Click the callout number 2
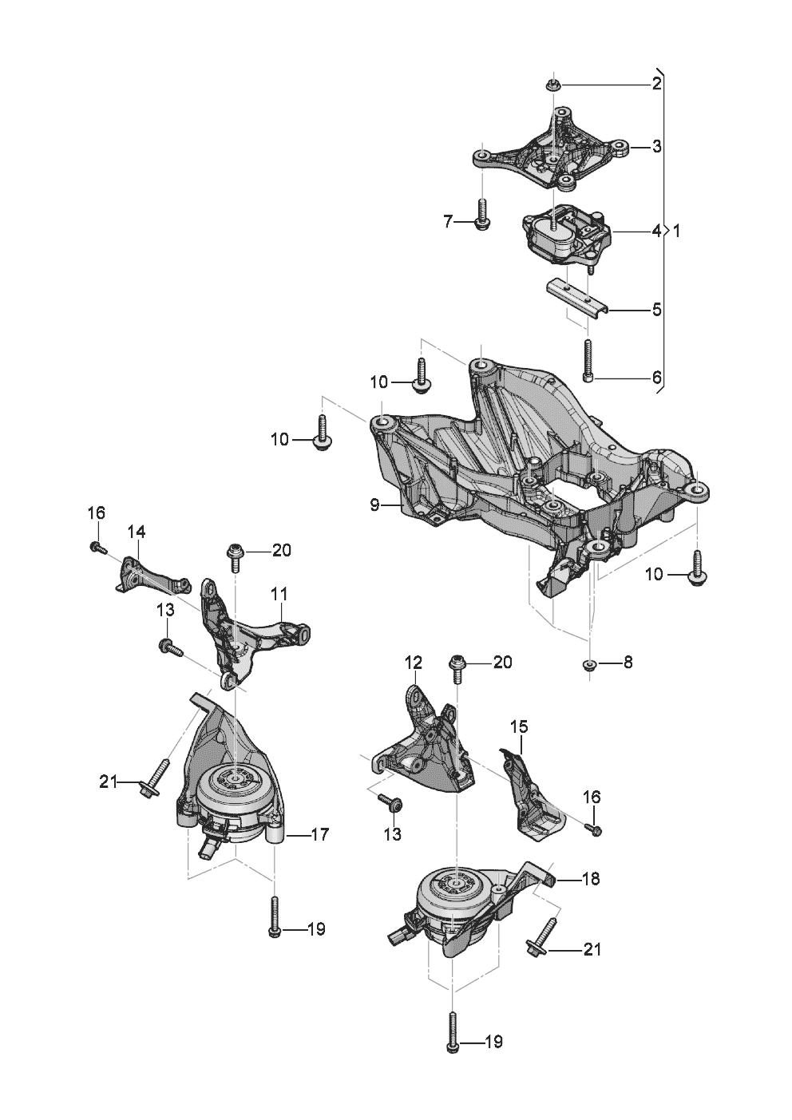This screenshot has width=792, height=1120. point(656,83)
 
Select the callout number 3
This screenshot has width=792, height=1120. point(656,147)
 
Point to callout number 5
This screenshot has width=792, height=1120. point(656,308)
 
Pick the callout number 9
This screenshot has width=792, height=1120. point(374,505)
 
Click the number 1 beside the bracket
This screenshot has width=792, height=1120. point(676,232)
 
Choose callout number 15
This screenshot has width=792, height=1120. point(519,727)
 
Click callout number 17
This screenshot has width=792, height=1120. point(319,836)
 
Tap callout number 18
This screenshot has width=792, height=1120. point(591,879)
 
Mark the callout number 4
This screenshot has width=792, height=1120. point(656,232)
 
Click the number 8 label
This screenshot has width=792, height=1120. point(628,663)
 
